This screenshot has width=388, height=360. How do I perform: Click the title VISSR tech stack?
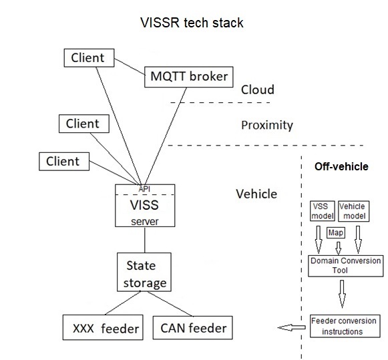click(191, 23)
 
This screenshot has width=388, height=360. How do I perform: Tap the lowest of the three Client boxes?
click(63, 161)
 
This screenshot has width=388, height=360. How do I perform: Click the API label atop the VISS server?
click(145, 188)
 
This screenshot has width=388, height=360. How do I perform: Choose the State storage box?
click(145, 273)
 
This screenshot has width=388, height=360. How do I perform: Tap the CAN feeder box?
click(193, 328)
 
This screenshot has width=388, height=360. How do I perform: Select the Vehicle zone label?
click(256, 194)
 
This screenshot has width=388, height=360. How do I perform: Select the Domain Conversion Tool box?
click(346, 265)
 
